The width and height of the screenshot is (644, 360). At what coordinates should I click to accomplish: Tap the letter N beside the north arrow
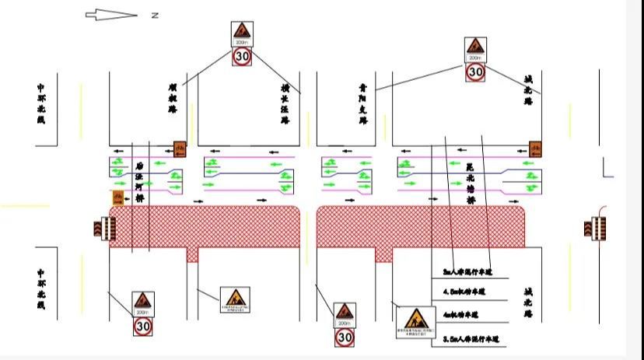click(155, 15)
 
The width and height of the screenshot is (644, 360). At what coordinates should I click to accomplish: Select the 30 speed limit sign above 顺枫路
click(242, 56)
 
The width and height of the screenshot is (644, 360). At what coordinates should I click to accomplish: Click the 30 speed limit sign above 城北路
click(475, 72)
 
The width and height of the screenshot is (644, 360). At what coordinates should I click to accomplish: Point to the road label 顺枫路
click(172, 99)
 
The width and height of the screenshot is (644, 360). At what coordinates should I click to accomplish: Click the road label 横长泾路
click(285, 105)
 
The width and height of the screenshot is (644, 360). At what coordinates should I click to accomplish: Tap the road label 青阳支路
click(362, 104)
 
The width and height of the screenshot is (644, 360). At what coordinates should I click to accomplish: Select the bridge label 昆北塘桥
click(469, 183)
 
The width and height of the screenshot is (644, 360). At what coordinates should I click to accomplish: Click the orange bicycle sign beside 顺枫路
click(180, 148)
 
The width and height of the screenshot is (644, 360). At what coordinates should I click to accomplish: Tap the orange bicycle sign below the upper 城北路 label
click(535, 148)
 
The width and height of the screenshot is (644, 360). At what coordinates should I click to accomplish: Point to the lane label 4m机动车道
click(460, 315)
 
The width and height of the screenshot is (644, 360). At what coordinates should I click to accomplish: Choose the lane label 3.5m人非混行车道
click(469, 339)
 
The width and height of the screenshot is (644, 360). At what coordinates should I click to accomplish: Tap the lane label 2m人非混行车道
click(464, 272)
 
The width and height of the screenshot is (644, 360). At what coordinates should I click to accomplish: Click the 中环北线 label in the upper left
click(41, 103)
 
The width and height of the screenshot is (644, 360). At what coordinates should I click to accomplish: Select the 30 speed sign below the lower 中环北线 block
click(142, 327)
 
